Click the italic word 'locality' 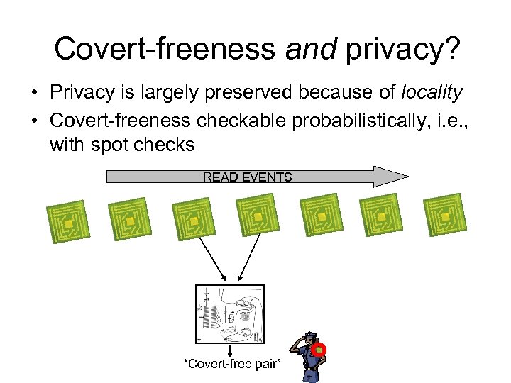point(432,92)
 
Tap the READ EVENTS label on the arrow point(247,177)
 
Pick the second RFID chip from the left point(130,220)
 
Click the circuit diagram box point(229,313)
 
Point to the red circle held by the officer point(319,350)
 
